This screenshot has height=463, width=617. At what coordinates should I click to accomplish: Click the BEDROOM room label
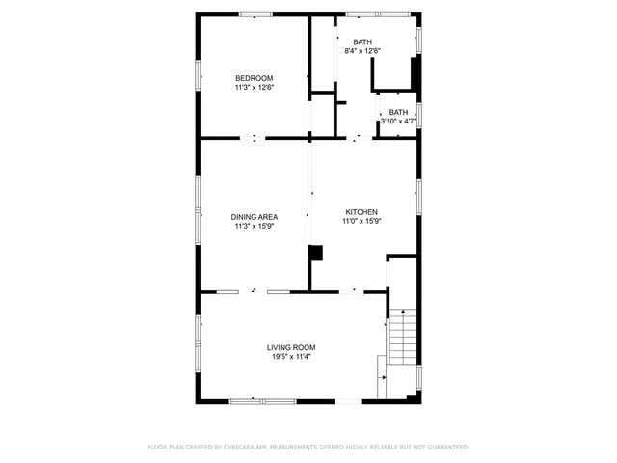(255, 78)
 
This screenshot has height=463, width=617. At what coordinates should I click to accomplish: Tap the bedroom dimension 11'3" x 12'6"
(255, 88)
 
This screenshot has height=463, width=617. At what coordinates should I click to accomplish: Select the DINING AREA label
(255, 217)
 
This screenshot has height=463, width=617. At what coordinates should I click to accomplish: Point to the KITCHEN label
(362, 212)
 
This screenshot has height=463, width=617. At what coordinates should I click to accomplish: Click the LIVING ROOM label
(291, 347)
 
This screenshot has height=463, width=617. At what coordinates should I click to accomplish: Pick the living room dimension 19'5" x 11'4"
(291, 357)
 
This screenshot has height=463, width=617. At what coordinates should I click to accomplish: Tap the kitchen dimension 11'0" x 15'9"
(362, 221)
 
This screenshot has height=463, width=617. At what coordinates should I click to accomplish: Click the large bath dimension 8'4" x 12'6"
(362, 51)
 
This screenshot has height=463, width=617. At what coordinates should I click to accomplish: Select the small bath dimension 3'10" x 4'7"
(397, 122)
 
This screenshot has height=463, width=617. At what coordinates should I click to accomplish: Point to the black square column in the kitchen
(315, 253)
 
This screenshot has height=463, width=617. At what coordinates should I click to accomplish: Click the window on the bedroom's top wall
(255, 14)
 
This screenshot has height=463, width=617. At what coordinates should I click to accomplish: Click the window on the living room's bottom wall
(262, 400)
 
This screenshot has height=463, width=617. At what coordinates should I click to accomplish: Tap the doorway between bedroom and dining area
(255, 138)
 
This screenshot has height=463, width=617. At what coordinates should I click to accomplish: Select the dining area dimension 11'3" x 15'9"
(255, 227)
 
